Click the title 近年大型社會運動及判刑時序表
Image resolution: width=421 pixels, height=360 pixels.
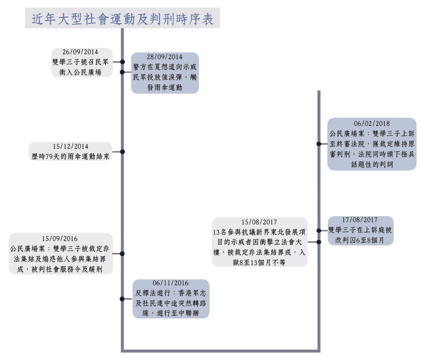(x=122, y=19)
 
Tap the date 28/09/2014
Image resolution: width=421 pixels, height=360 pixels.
(x=165, y=57)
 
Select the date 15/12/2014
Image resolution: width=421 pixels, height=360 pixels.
(x=70, y=146)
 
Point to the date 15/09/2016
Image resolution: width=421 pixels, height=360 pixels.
(x=61, y=239)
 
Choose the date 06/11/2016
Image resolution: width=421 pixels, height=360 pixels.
(x=171, y=283)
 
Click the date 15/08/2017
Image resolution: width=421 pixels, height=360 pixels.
(x=259, y=222)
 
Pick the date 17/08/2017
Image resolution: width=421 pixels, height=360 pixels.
(x=360, y=220)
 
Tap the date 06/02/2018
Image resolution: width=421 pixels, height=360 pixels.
(x=372, y=124)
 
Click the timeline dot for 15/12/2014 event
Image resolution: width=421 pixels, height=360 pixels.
(x=122, y=152)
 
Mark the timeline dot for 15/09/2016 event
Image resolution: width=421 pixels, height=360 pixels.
(x=122, y=253)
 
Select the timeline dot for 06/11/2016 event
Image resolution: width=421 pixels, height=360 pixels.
(x=122, y=299)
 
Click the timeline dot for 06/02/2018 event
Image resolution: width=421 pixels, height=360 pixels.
(x=318, y=144)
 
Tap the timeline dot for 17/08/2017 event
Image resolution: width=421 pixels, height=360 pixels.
(x=318, y=231)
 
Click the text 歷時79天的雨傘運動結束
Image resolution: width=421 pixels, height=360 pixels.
(x=70, y=156)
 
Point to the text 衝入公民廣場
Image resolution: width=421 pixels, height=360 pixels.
(x=80, y=72)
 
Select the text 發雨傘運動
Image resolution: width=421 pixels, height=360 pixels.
(x=165, y=87)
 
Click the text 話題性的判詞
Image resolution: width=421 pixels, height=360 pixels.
(x=372, y=164)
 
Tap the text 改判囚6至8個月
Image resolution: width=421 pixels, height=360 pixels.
(x=360, y=239)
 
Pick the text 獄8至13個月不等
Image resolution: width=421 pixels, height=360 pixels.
(x=260, y=262)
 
